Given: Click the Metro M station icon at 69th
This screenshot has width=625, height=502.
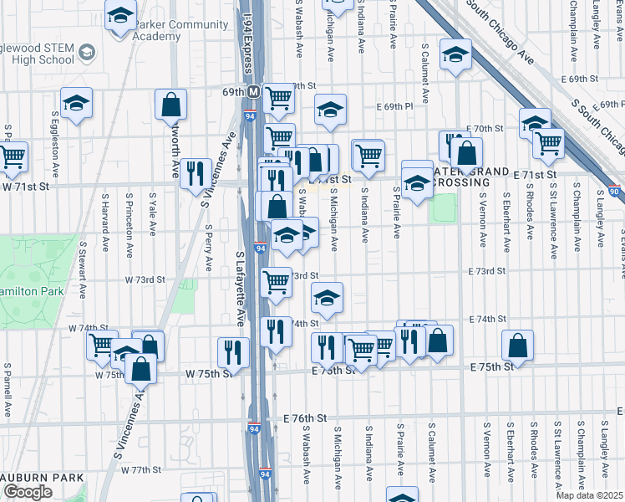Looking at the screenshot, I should (252, 91).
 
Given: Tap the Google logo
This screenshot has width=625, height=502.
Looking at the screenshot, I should (28, 492).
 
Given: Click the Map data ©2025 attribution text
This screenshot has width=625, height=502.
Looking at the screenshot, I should (590, 495).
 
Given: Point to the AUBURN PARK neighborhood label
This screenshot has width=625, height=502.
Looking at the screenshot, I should (43, 478).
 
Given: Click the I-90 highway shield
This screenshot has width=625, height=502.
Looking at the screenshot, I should (616, 192).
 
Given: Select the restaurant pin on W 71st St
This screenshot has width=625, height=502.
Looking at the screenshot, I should (196, 173).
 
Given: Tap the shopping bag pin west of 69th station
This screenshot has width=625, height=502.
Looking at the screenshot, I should (170, 105).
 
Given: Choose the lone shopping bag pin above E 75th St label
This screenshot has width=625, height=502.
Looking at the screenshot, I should (518, 345).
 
